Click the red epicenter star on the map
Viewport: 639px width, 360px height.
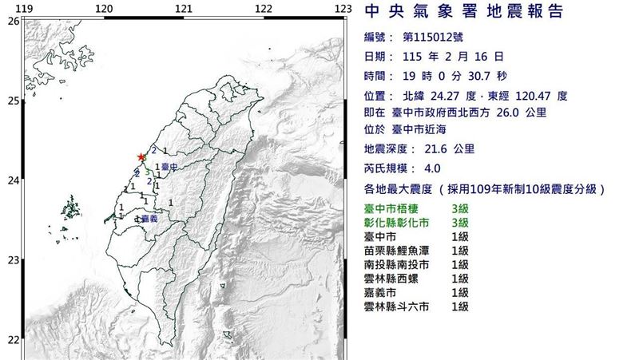142,157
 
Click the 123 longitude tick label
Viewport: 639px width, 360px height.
343,8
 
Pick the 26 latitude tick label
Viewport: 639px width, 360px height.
13,21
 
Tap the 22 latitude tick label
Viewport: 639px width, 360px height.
13,339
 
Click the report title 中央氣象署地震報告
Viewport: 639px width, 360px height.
464,13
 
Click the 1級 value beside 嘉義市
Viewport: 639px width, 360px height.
459,293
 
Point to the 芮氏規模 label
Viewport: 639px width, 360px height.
390,169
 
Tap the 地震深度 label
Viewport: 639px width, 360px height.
390,150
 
